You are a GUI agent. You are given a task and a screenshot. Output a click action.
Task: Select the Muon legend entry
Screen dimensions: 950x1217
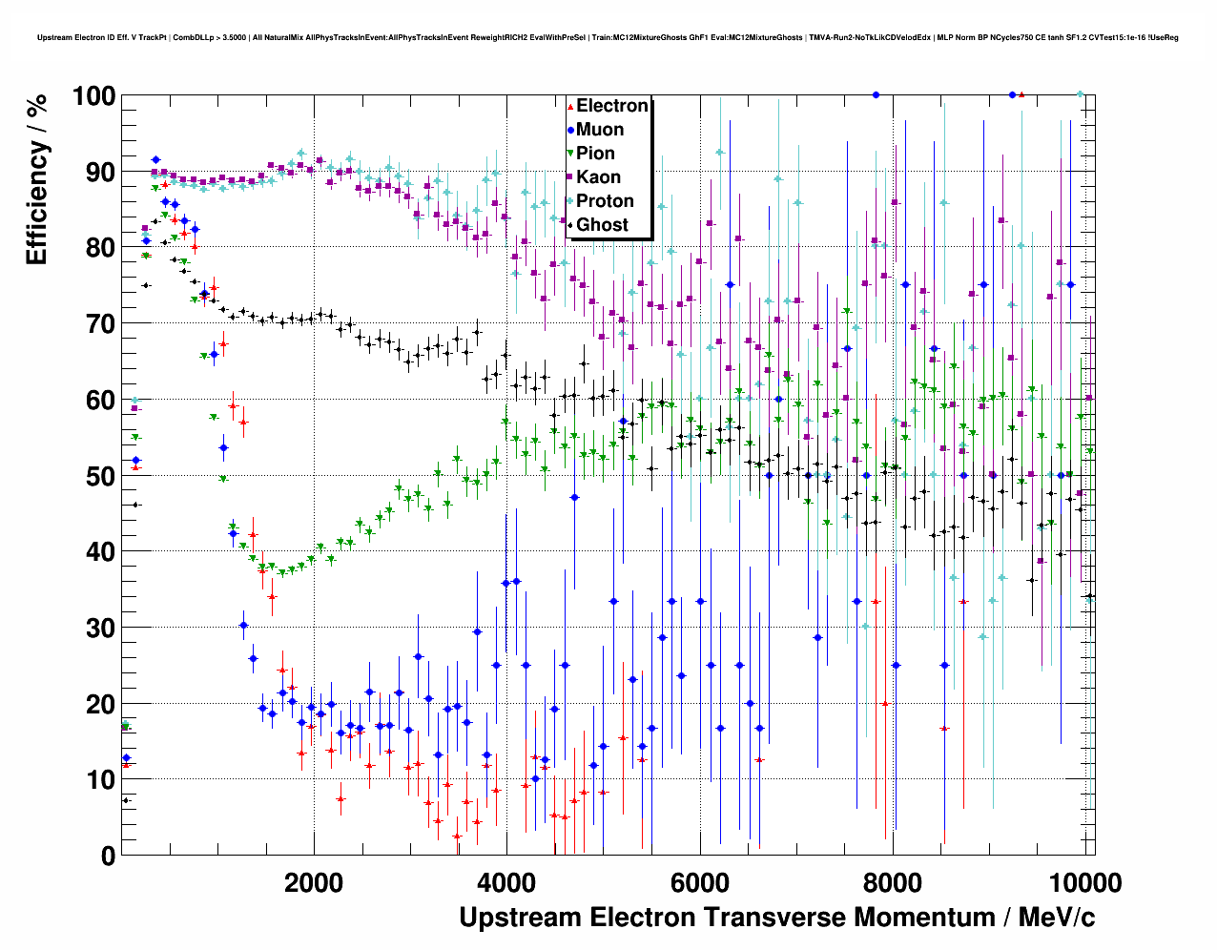pos(600,130)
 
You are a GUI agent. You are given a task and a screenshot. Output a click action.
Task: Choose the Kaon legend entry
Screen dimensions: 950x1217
pos(598,177)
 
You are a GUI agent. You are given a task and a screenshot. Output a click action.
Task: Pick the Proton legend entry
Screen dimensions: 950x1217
pos(605,201)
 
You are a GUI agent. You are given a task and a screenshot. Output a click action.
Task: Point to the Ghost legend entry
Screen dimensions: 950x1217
pos(602,225)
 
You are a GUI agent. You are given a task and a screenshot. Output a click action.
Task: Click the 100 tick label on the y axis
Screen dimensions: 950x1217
pos(93,96)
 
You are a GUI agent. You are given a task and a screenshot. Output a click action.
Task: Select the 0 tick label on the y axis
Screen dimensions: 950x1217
pos(108,857)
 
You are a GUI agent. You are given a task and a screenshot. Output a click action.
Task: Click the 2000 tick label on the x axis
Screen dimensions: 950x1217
pos(313,883)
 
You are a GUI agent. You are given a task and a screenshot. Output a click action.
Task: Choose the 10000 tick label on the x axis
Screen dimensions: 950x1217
pos(1083,883)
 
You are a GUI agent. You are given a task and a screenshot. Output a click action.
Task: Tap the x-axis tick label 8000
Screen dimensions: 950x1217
pos(894,883)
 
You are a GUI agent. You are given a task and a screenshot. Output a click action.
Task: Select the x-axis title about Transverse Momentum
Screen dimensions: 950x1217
pos(776,918)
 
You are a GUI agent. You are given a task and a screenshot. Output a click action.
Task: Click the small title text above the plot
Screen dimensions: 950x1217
pos(608,38)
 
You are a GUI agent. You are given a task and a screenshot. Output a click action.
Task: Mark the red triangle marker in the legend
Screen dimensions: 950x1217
pos(570,107)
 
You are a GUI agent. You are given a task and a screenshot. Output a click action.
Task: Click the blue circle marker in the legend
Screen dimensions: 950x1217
pos(570,131)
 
